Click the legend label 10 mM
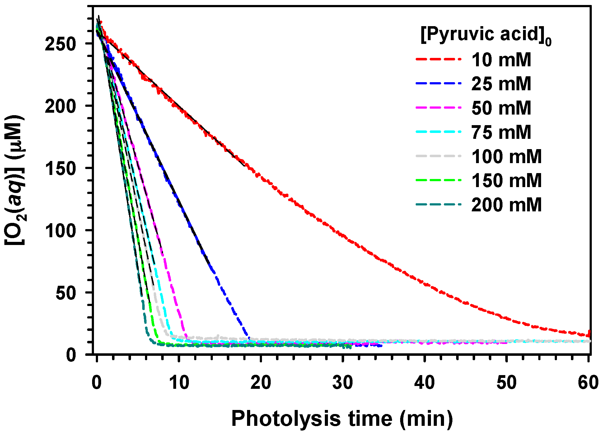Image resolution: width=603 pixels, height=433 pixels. coord(501,60)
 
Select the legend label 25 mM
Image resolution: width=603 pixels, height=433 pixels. coord(501,84)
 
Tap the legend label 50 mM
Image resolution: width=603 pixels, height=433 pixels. coord(501,108)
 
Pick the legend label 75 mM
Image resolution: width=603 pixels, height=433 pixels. coord(501,132)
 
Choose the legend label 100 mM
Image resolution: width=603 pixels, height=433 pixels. coord(506,156)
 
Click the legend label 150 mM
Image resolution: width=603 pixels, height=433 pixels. coord(506,181)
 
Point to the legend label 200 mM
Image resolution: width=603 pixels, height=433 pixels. coord(506,205)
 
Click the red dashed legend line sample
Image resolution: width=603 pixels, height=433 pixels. coord(438,59)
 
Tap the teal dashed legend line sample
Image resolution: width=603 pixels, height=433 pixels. coord(438,204)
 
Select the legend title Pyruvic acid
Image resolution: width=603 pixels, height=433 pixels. coord(485,35)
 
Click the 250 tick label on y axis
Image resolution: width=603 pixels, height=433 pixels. coord(60,44)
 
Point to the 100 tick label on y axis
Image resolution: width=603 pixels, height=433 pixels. coord(60,231)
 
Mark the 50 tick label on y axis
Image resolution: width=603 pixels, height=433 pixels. coord(66,293)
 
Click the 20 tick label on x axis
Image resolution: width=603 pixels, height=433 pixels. coord(260,382)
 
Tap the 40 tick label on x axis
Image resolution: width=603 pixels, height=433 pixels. coord(424,382)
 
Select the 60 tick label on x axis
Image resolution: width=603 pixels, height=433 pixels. coord(588,382)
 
